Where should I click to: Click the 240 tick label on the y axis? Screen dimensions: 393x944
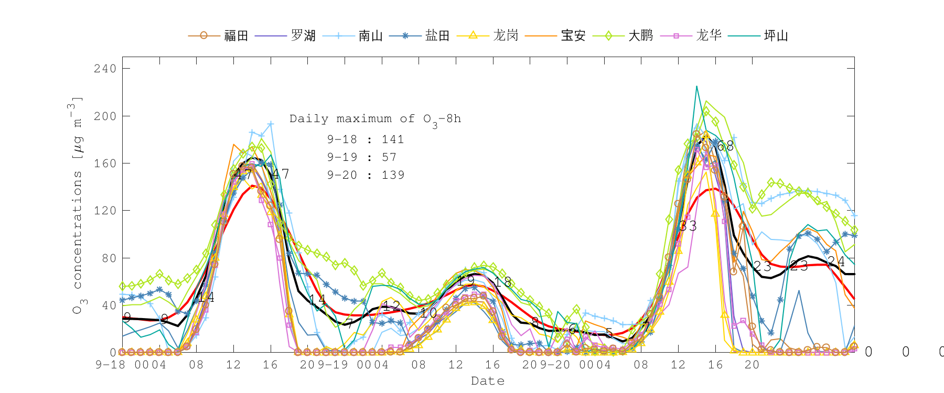[105, 69]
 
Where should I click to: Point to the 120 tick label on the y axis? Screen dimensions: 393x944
[105, 211]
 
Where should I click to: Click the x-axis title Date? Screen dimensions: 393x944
[488, 381]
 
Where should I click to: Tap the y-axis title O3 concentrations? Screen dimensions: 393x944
[77, 204]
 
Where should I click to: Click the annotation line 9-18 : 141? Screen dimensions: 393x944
[366, 139]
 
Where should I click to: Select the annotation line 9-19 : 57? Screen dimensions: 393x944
[362, 157]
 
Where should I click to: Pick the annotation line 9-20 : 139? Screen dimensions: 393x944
[366, 175]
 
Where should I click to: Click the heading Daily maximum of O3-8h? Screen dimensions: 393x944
[375, 119]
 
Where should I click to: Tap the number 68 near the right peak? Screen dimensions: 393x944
[725, 146]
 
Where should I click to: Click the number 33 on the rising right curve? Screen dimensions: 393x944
[688, 226]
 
